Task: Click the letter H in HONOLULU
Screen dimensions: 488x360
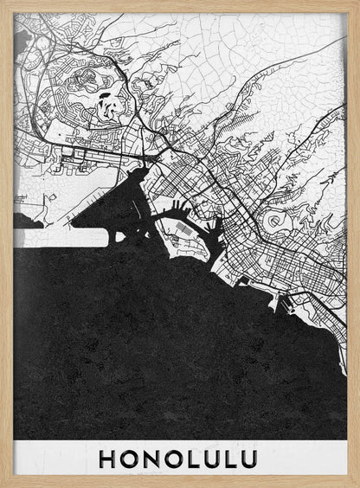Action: click(x=107, y=459)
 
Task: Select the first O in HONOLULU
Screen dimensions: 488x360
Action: click(x=128, y=459)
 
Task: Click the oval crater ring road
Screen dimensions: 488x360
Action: click(x=276, y=222)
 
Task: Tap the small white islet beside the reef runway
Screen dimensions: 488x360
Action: click(x=29, y=223)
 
